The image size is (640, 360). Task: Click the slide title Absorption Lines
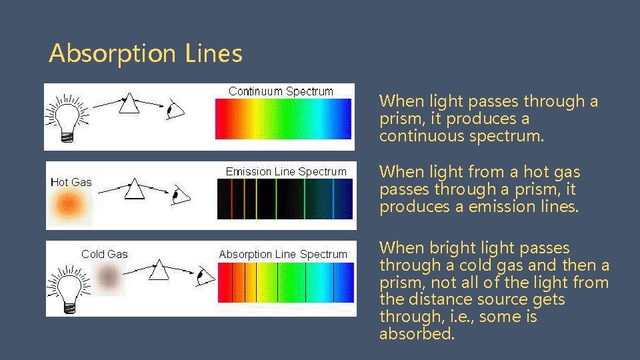(145, 53)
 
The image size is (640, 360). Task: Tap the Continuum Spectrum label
(281, 91)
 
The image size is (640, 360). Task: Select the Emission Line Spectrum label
(286, 172)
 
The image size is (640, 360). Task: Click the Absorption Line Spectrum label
(283, 255)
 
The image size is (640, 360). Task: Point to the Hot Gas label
(71, 182)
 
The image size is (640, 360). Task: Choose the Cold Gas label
(104, 254)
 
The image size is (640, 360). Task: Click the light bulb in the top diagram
(65, 117)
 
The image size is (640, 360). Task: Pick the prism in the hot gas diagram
(135, 189)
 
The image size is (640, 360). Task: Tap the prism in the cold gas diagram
(159, 270)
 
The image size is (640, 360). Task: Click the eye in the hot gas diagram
(179, 195)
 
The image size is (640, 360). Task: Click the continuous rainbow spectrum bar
(283, 119)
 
